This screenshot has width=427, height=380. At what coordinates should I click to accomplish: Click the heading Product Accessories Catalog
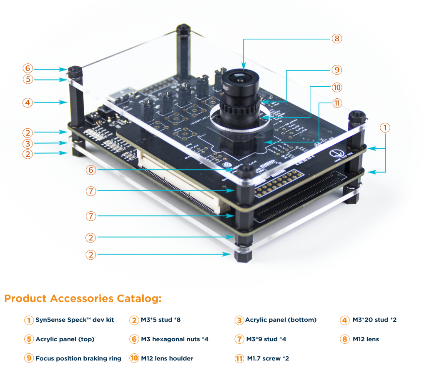point(83,298)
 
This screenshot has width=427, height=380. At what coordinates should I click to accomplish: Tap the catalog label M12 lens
point(366,339)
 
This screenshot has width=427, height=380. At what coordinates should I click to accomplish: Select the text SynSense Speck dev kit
point(75,320)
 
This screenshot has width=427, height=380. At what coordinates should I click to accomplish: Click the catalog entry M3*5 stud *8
point(161,320)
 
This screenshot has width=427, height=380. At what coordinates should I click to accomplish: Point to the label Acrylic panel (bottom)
point(281,320)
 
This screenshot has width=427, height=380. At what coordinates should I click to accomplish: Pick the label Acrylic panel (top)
point(65,339)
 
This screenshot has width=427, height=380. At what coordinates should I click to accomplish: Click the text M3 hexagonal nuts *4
point(175,339)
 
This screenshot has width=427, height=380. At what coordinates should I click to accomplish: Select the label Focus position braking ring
point(78,358)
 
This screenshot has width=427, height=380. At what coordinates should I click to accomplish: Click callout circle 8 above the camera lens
point(337,39)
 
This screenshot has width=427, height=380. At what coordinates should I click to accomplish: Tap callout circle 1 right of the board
point(385,128)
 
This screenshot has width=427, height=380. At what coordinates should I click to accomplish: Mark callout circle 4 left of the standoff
point(28,102)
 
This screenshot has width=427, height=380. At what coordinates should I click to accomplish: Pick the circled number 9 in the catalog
point(29,358)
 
